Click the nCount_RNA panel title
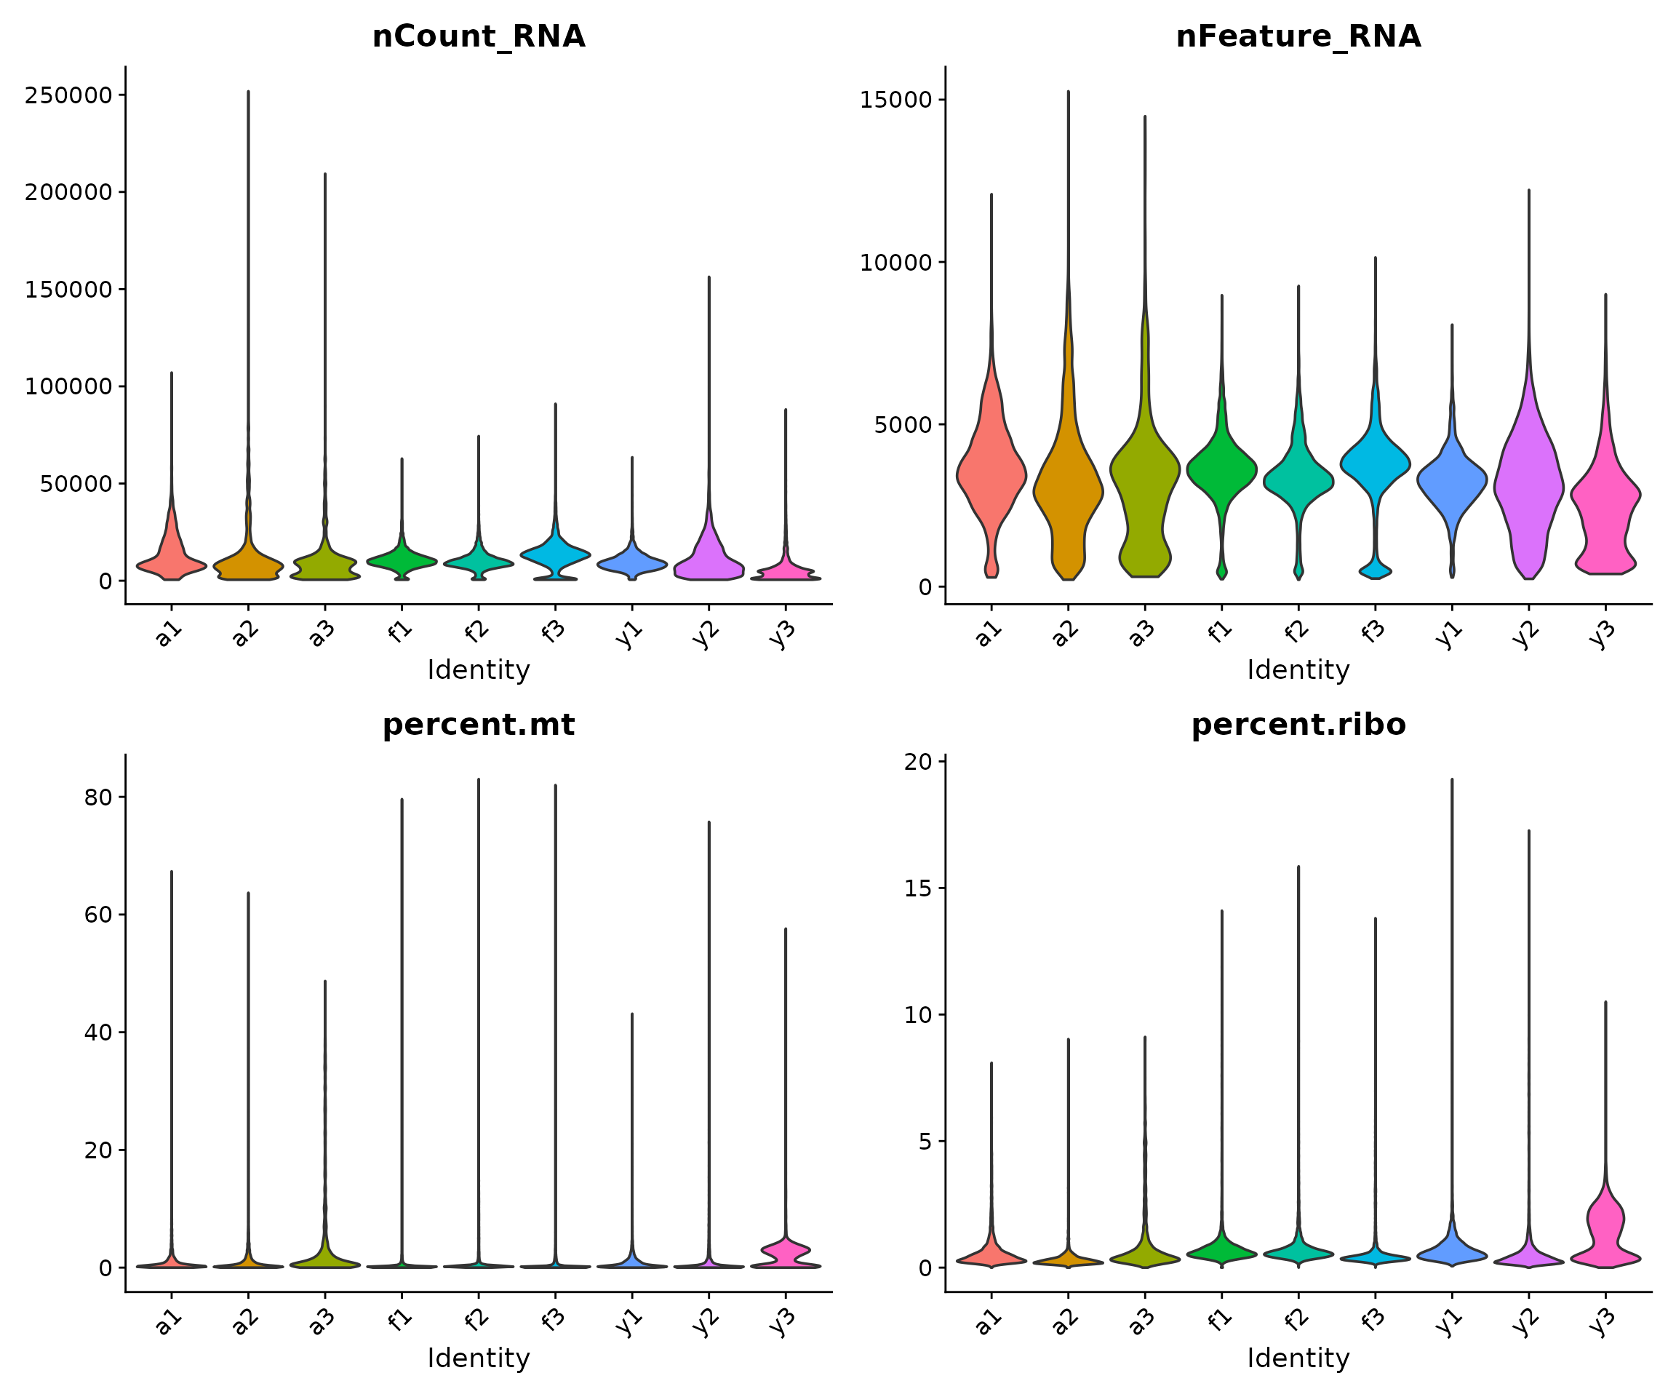point(479,36)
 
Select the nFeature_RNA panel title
point(1298,36)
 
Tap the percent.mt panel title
point(479,725)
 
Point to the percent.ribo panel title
point(1298,725)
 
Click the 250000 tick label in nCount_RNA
point(68,96)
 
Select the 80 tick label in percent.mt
point(98,797)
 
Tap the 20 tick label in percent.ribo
point(918,762)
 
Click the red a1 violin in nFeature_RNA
point(991,471)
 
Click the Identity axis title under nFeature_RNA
point(1298,670)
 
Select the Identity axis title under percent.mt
point(479,1358)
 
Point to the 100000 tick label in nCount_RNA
point(68,387)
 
